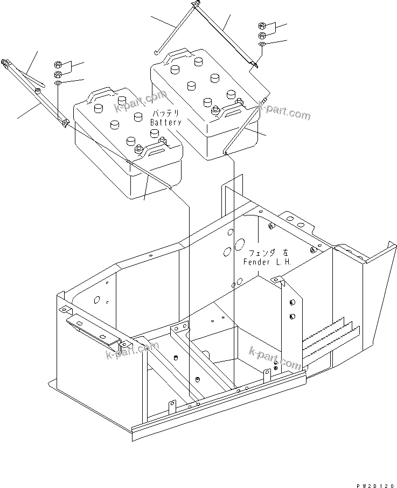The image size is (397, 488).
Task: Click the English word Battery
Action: coord(165,122)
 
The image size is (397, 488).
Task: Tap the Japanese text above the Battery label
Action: coord(165,114)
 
